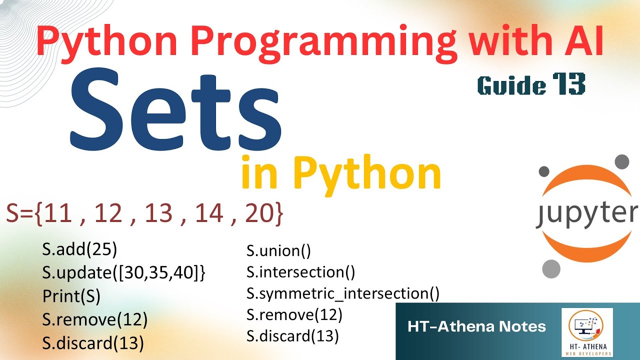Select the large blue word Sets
(x=175, y=111)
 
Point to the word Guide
(x=511, y=85)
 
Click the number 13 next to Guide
(x=568, y=84)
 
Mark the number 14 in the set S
(x=209, y=213)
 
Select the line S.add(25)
(x=79, y=249)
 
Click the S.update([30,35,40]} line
(x=124, y=273)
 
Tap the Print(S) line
(x=71, y=296)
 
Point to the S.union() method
(x=278, y=250)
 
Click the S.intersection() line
(x=300, y=272)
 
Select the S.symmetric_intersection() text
(x=343, y=294)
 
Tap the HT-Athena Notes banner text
(x=476, y=327)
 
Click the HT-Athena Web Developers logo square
(x=587, y=332)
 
